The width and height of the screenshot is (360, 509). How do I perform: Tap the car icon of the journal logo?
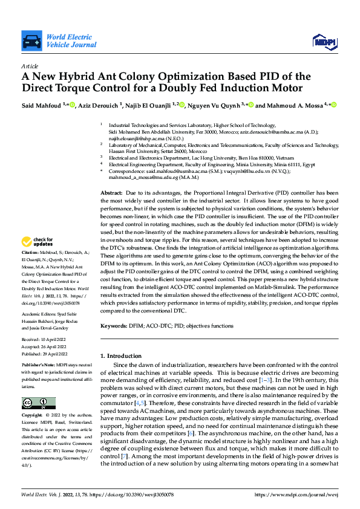tap(31, 41)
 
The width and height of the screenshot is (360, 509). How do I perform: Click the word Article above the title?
tap(30, 66)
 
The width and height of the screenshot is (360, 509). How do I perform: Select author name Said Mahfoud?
tap(42, 105)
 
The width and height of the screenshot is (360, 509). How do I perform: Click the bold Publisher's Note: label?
tap(40, 366)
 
